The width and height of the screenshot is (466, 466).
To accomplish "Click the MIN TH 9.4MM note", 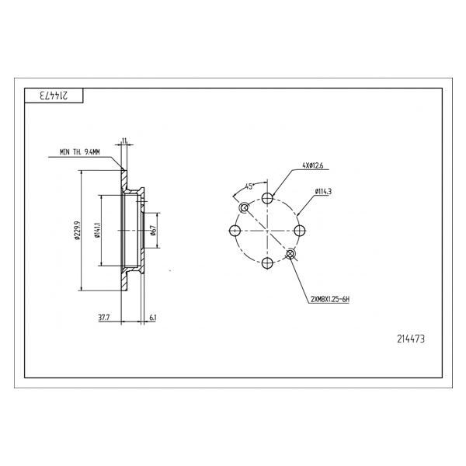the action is click(80, 152).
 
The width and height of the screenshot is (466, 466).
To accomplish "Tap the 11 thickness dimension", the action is click(124, 140).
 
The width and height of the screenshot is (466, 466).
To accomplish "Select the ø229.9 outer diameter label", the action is click(77, 230).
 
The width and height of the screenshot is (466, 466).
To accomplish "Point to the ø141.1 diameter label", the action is click(98, 230).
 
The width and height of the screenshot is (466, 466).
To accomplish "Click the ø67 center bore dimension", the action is click(153, 231).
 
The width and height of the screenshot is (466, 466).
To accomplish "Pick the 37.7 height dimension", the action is click(104, 318).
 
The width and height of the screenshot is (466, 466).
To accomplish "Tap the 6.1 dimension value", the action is click(152, 318).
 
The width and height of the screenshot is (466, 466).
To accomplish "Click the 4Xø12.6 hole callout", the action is click(313, 165).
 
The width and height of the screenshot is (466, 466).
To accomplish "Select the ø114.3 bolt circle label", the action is click(323, 192).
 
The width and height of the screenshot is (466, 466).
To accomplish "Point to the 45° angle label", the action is click(249, 186).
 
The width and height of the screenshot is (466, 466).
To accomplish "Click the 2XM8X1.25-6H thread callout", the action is click(330, 299).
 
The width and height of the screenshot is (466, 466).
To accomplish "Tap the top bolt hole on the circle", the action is click(267, 198).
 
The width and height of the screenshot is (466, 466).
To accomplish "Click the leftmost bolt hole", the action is click(235, 231).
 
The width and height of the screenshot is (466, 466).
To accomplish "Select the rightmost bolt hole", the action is click(300, 231).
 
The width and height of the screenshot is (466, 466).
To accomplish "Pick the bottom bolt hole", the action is click(267, 263).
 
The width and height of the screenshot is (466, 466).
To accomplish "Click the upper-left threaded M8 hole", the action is click(245, 207).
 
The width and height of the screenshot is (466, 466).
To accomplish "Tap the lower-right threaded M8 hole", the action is click(290, 253).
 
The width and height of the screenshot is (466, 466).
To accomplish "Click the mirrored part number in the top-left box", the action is click(54, 96).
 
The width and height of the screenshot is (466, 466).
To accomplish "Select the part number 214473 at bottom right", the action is click(411, 339).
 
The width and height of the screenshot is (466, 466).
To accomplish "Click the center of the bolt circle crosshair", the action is click(267, 231).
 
